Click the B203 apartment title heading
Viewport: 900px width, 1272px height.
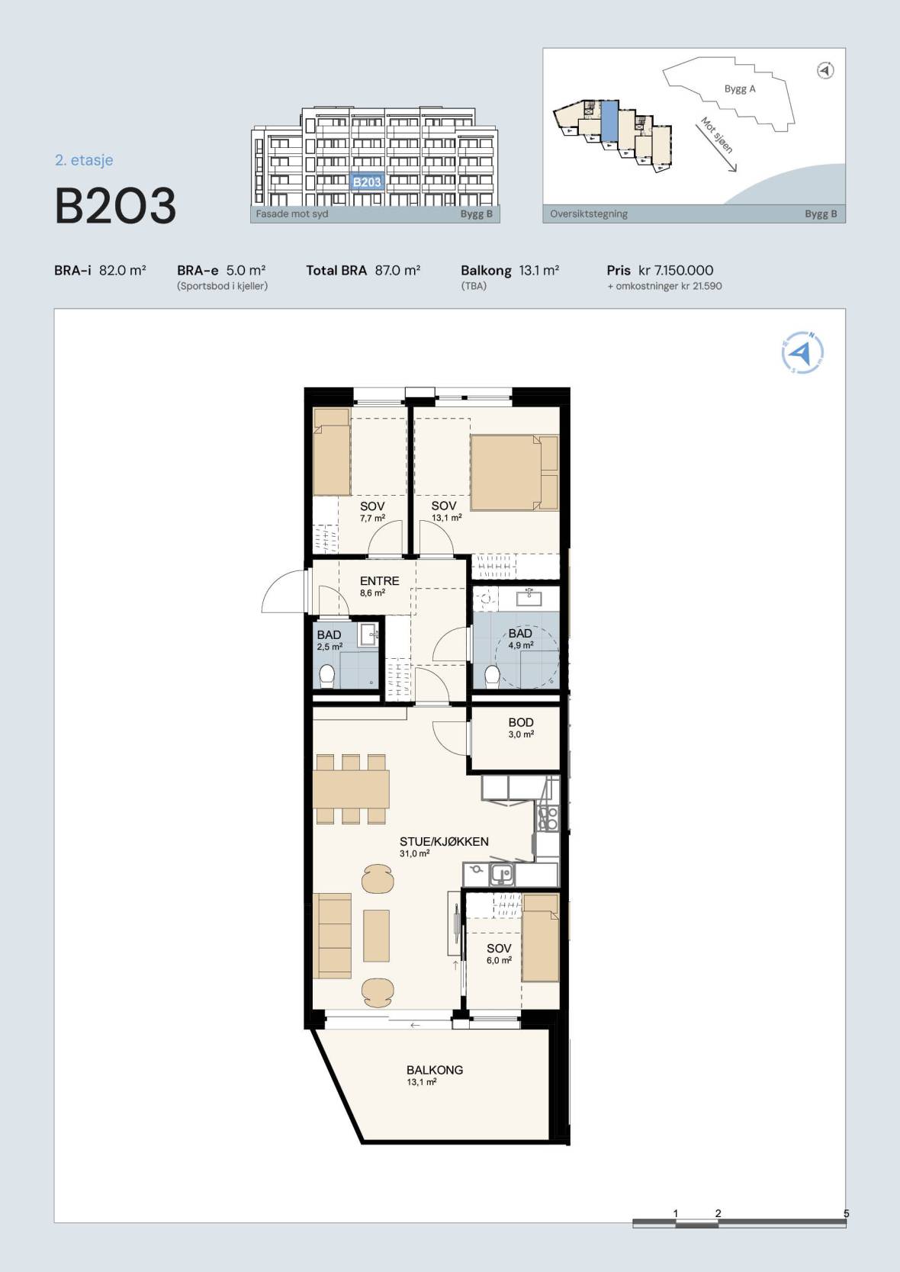pyautogui.click(x=115, y=206)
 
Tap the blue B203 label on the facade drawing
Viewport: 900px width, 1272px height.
pyautogui.click(x=367, y=181)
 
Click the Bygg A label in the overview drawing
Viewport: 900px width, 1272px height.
pyautogui.click(x=740, y=89)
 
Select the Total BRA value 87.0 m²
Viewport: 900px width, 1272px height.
pyautogui.click(x=397, y=270)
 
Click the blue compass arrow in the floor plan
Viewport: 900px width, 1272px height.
pyautogui.click(x=802, y=353)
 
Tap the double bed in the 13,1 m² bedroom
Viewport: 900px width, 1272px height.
pyautogui.click(x=515, y=473)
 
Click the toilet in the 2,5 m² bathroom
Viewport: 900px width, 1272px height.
pyautogui.click(x=326, y=676)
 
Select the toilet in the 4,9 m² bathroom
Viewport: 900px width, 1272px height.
pyautogui.click(x=492, y=676)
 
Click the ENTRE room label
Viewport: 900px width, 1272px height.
pyautogui.click(x=379, y=580)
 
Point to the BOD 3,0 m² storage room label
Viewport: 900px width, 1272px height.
pyautogui.click(x=521, y=727)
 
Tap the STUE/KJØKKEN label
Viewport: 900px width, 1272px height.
pyautogui.click(x=443, y=842)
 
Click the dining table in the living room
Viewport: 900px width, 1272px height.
pyautogui.click(x=351, y=789)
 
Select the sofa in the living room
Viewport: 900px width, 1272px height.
pyautogui.click(x=333, y=935)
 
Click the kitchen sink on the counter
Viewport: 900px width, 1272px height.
pyautogui.click(x=503, y=874)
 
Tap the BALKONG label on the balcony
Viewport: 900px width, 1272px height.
pyautogui.click(x=435, y=1070)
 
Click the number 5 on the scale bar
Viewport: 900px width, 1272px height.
pyautogui.click(x=846, y=1213)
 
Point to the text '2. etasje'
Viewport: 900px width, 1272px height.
pyautogui.click(x=84, y=160)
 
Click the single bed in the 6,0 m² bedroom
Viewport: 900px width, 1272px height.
pyautogui.click(x=540, y=937)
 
